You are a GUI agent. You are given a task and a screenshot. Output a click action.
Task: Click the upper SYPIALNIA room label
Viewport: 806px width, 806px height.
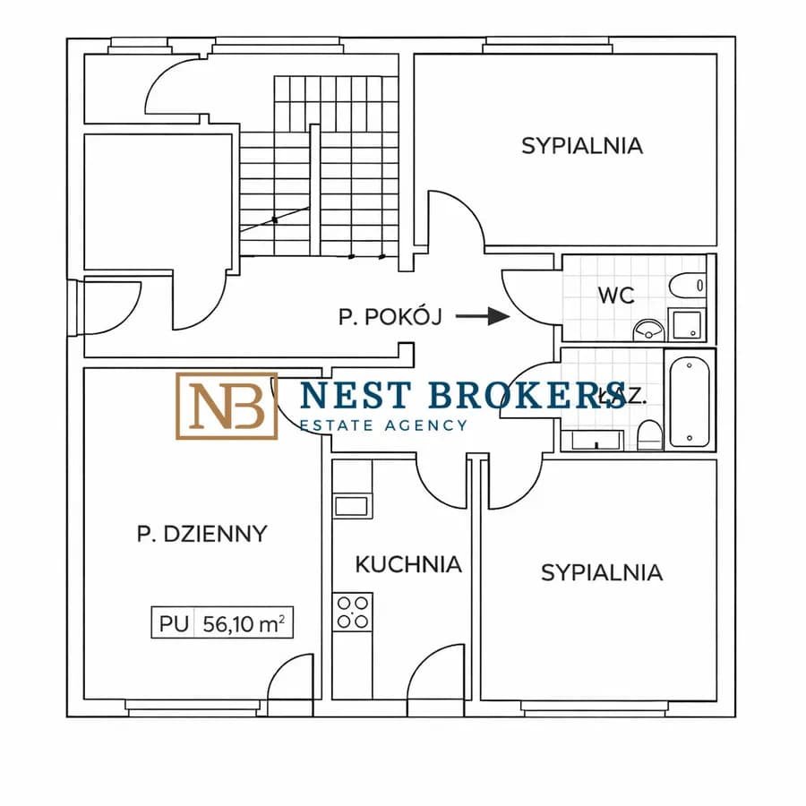[x=582, y=145]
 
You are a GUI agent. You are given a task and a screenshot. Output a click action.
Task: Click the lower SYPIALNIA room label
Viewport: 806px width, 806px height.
[x=602, y=572]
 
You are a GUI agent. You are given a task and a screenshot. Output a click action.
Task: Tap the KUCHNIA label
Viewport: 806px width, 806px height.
[x=408, y=564]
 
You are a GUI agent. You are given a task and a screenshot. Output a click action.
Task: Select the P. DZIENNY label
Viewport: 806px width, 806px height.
[x=201, y=534]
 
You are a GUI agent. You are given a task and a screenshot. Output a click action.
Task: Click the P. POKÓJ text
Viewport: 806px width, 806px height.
[x=390, y=316]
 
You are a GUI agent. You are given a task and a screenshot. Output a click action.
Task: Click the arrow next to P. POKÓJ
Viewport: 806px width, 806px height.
[x=482, y=316]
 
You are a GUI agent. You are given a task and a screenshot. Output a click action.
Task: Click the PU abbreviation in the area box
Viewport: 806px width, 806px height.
[x=175, y=623]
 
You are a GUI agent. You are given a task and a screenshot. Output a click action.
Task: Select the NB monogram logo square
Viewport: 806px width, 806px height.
[x=226, y=406]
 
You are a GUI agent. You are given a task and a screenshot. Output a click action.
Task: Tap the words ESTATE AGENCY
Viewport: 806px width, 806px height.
[x=382, y=425]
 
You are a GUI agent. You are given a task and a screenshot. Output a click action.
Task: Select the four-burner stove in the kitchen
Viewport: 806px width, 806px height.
[x=352, y=611]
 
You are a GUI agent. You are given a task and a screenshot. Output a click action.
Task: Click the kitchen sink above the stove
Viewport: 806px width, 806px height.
[x=351, y=505]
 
